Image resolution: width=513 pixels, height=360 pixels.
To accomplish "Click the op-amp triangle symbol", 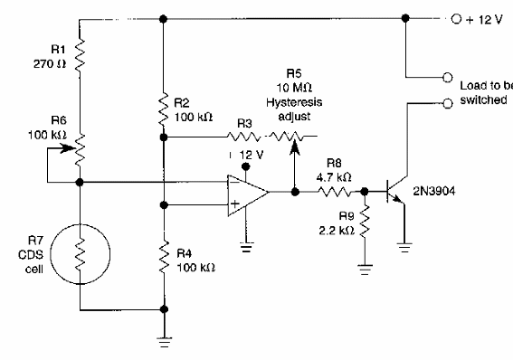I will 247,192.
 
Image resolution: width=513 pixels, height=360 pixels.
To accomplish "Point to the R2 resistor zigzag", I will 163,109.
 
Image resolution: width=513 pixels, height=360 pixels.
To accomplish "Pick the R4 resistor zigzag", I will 163,255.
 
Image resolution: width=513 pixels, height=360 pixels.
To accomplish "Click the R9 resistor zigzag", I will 363,221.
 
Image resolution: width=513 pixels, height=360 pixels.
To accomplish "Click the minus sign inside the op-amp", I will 237,182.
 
